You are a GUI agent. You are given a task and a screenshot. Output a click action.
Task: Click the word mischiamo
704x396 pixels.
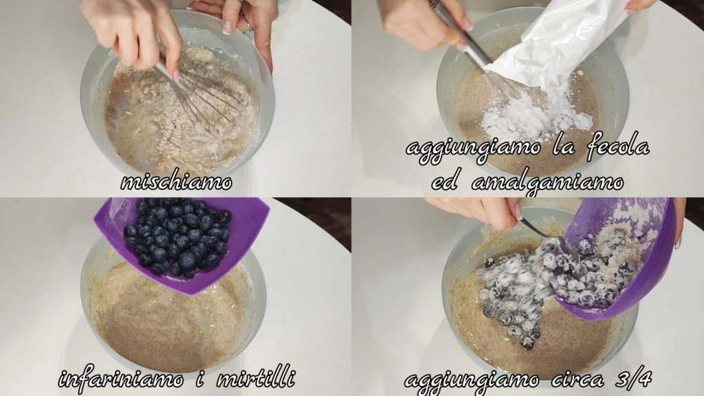pyautogui.click(x=177, y=181)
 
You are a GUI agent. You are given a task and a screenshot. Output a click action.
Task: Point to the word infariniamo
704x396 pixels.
pyautogui.click(x=121, y=379)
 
